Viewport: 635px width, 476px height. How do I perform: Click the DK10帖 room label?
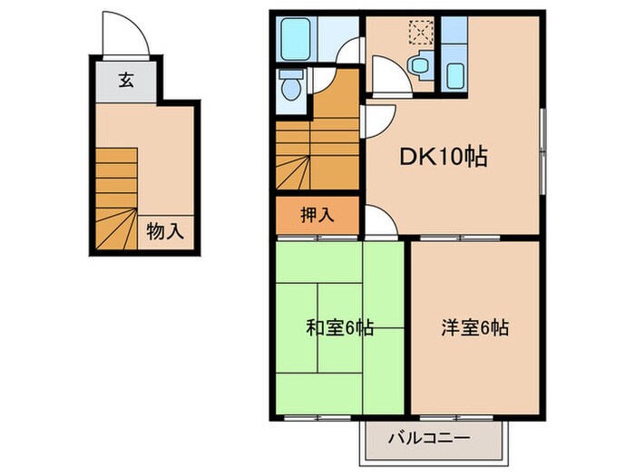coord(444,158)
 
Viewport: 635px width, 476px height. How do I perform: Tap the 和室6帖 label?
coord(340,327)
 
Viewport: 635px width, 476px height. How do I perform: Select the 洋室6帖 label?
coord(476,327)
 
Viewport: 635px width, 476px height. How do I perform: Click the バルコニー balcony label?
coord(429,438)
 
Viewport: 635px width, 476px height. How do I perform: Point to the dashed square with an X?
coord(420,33)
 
